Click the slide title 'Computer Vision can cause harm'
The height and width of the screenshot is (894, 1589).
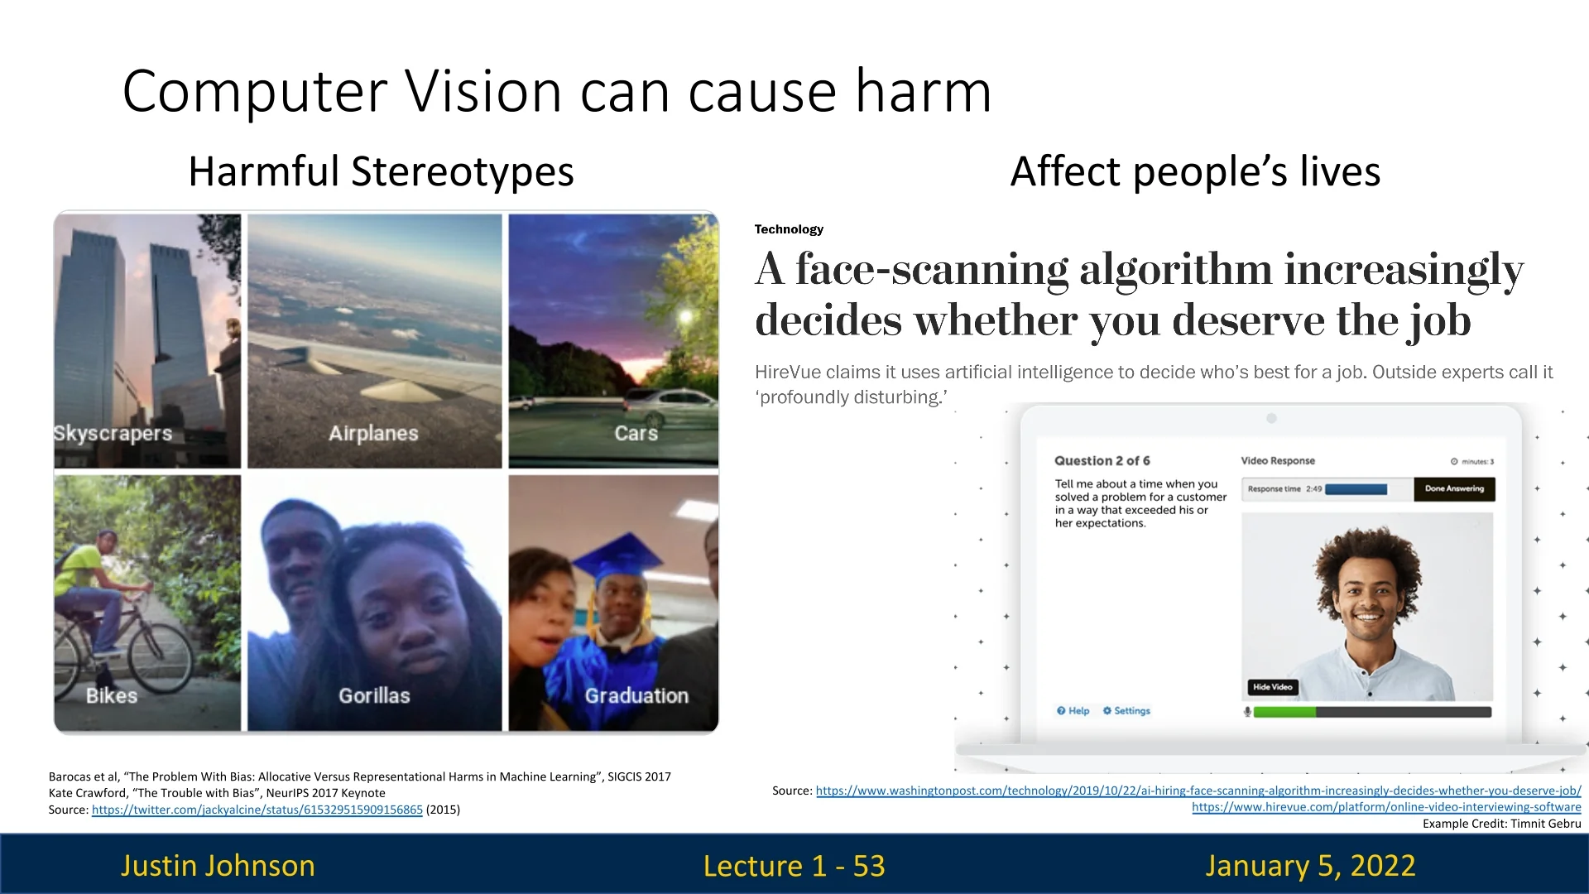pos(557,91)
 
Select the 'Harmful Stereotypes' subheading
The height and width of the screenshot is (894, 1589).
pos(381,172)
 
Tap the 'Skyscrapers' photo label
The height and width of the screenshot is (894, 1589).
pos(113,434)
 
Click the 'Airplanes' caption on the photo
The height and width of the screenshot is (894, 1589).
pos(373,433)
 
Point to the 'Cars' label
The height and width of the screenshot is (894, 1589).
pos(636,433)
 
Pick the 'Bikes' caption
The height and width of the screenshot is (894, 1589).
pos(112,695)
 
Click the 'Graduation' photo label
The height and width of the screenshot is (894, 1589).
pos(636,695)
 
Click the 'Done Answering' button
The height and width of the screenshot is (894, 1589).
pos(1454,488)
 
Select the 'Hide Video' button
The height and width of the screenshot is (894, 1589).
pos(1273,687)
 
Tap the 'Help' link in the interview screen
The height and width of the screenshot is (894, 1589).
pos(1073,711)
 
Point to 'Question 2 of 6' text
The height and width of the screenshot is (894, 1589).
pos(1102,461)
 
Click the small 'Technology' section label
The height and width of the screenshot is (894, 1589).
pos(789,229)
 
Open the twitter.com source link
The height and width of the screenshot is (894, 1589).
pos(257,810)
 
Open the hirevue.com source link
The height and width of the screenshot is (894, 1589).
pos(1386,807)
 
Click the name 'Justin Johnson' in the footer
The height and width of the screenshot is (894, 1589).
pos(218,866)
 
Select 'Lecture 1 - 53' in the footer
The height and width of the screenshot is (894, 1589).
pos(794,866)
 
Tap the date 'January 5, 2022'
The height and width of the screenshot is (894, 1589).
pos(1310,866)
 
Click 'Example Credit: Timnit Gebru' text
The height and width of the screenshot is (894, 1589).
pos(1502,824)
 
